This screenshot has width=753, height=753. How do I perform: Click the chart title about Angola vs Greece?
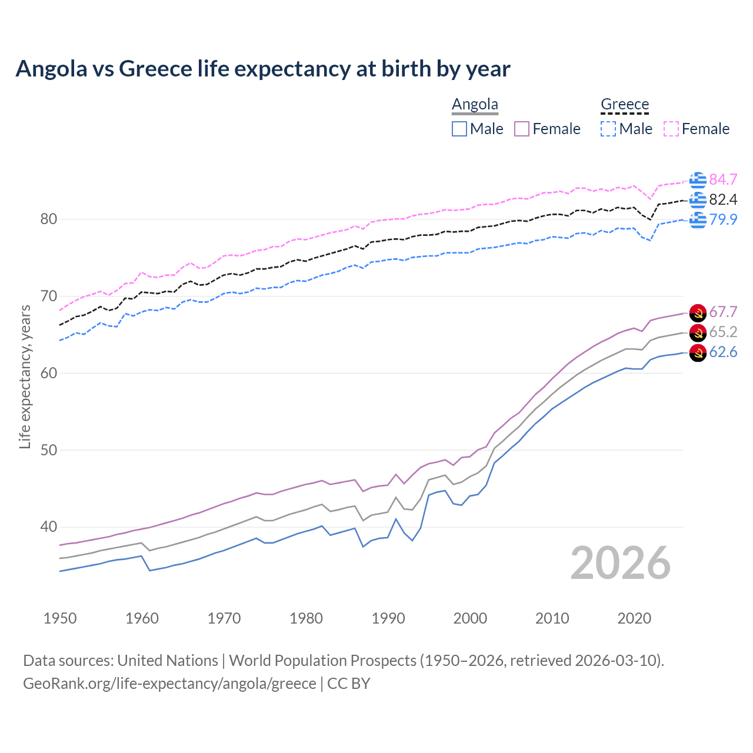pyautogui.click(x=262, y=69)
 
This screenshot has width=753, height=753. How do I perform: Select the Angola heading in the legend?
pyautogui.click(x=475, y=104)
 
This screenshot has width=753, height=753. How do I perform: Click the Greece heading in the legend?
pyautogui.click(x=624, y=104)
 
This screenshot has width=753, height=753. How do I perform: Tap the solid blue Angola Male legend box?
pyautogui.click(x=459, y=129)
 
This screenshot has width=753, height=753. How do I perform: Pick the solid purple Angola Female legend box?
pyautogui.click(x=522, y=129)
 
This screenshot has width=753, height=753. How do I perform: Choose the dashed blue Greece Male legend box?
pyautogui.click(x=608, y=129)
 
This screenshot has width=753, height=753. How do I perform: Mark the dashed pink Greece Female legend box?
pyautogui.click(x=671, y=129)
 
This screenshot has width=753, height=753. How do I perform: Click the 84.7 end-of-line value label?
pyautogui.click(x=723, y=179)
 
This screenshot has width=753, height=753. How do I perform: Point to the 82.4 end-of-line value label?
pyautogui.click(x=723, y=199)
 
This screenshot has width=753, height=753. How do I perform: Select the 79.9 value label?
pyautogui.click(x=723, y=219)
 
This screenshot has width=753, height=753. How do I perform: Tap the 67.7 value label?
pyautogui.click(x=723, y=312)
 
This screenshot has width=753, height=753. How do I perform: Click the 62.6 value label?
pyautogui.click(x=723, y=352)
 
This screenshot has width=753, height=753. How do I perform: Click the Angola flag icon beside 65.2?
pyautogui.click(x=698, y=332)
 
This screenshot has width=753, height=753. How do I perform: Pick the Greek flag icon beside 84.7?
pyautogui.click(x=698, y=180)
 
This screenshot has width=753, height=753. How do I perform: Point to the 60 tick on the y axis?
pyautogui.click(x=49, y=373)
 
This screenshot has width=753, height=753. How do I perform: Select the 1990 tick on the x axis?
pyautogui.click(x=388, y=618)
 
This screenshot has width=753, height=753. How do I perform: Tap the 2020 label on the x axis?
pyautogui.click(x=634, y=618)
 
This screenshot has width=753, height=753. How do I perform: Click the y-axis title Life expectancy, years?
pyautogui.click(x=25, y=376)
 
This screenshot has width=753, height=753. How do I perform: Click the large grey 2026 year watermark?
pyautogui.click(x=621, y=563)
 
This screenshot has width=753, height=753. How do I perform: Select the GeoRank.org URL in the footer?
pyautogui.click(x=169, y=684)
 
